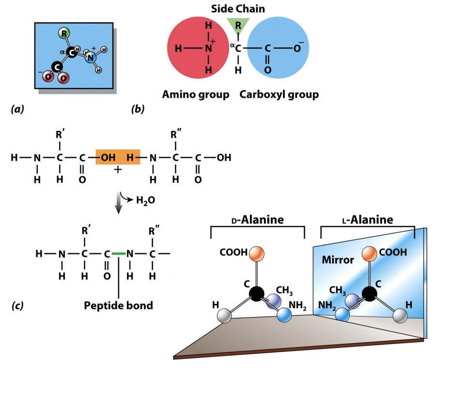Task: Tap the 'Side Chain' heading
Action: pyautogui.click(x=238, y=9)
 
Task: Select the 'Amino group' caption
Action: pyautogui.click(x=196, y=94)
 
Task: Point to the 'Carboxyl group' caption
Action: pyautogui.click(x=279, y=94)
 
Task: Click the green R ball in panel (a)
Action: pyautogui.click(x=64, y=33)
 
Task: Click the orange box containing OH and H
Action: pyautogui.click(x=118, y=157)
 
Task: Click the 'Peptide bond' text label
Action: pyautogui.click(x=118, y=305)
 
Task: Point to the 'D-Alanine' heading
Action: pyautogui.click(x=257, y=220)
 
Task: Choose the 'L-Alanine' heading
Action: pyautogui.click(x=368, y=220)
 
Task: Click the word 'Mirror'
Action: pyautogui.click(x=338, y=260)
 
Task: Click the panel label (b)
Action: pyautogui.click(x=138, y=110)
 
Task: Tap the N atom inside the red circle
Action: pyautogui.click(x=208, y=48)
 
